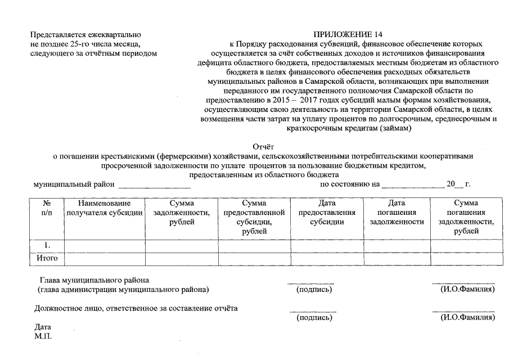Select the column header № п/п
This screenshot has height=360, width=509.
[47, 208]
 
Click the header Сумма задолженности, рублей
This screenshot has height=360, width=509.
[182, 212]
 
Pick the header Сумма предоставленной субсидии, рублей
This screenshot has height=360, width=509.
[254, 217]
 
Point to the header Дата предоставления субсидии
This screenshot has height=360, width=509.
[327, 212]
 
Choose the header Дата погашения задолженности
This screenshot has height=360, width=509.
[397, 212]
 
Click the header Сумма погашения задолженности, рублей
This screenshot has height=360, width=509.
[466, 217]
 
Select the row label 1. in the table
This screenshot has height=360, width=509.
[47, 245]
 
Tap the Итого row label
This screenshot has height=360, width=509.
[47, 259]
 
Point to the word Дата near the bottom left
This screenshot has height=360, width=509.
[43, 327]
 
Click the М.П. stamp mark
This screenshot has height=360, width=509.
[43, 336]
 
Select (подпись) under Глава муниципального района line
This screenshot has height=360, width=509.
[314, 290]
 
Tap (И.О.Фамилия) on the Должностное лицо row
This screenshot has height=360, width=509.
[467, 317]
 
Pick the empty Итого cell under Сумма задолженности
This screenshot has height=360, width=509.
[182, 259]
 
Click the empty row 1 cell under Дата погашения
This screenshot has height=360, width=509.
[397, 245]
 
